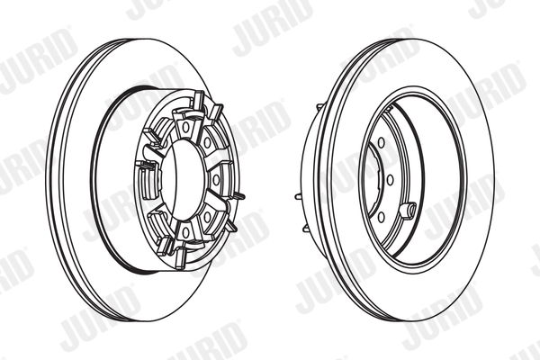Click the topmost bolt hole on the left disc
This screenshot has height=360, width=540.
tap(186, 127)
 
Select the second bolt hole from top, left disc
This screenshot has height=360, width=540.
tap(207, 142)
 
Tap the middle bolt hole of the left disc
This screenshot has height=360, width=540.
tap(216, 179)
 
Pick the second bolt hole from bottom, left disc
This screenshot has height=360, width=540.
tap(207, 217)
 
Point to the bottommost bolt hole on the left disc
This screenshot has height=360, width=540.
tap(186, 233)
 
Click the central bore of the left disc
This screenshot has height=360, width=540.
tap(184, 180)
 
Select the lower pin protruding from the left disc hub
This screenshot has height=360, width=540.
tap(230, 225)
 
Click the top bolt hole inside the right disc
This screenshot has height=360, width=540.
tap(382, 142)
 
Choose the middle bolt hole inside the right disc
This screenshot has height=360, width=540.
tap(391, 180)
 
